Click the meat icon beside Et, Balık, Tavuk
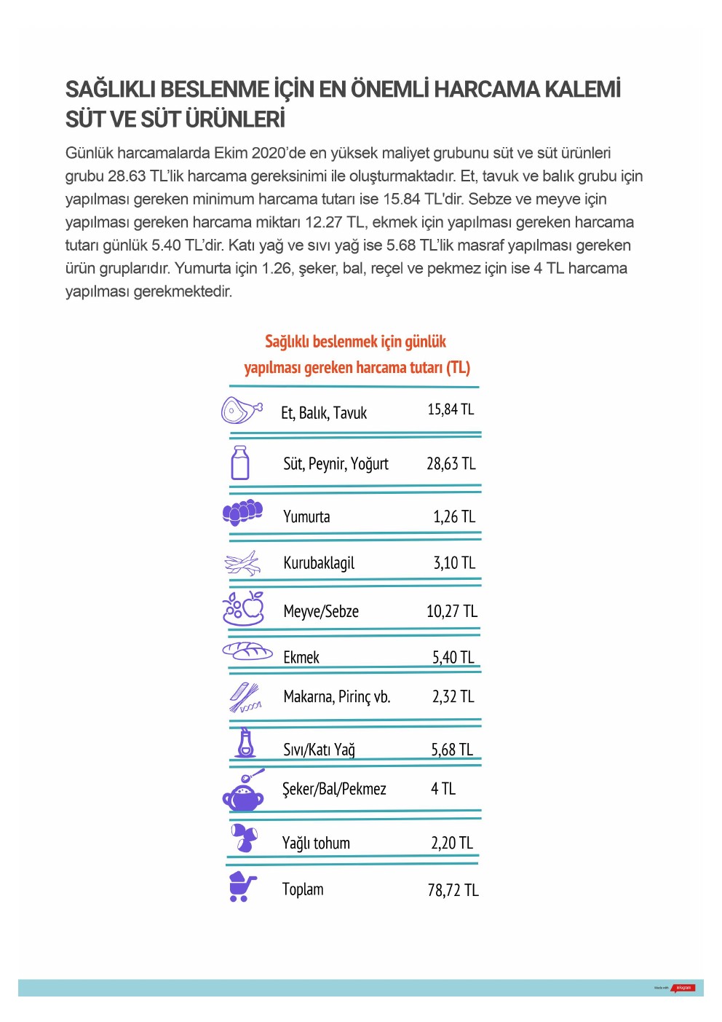click(241, 410)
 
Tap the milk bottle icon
click(239, 463)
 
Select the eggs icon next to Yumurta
click(242, 512)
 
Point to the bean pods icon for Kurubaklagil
click(242, 563)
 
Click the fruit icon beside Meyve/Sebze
click(243, 608)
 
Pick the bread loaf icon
click(247, 650)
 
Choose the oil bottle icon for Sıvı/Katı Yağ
click(246, 743)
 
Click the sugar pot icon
click(244, 792)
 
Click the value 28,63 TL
click(451, 464)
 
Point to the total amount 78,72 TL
click(453, 890)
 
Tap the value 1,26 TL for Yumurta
click(453, 517)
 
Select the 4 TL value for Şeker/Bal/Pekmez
click(443, 789)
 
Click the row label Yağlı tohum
click(316, 844)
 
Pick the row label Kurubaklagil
click(319, 563)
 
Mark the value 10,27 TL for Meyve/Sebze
click(451, 611)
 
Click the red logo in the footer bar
click(684, 988)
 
